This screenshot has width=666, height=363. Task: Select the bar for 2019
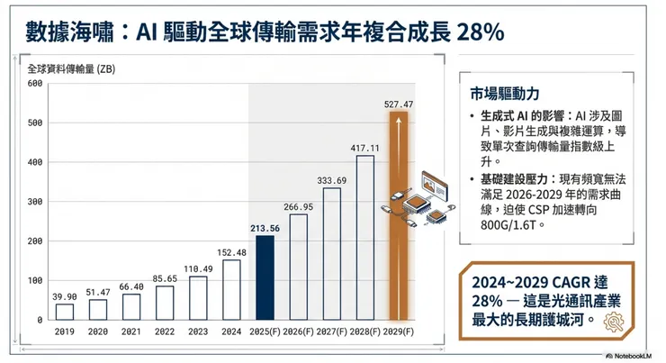pos(64,312)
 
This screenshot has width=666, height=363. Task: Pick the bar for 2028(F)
pos(364,238)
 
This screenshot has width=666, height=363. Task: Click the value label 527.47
pos(398,104)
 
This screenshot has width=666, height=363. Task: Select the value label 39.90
pos(64,296)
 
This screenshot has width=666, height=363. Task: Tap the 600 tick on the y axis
pos(35,84)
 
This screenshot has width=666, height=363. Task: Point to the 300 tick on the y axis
pos(35,202)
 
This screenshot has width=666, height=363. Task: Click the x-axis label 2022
pos(165,332)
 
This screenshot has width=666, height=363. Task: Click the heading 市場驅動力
pos(499,94)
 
